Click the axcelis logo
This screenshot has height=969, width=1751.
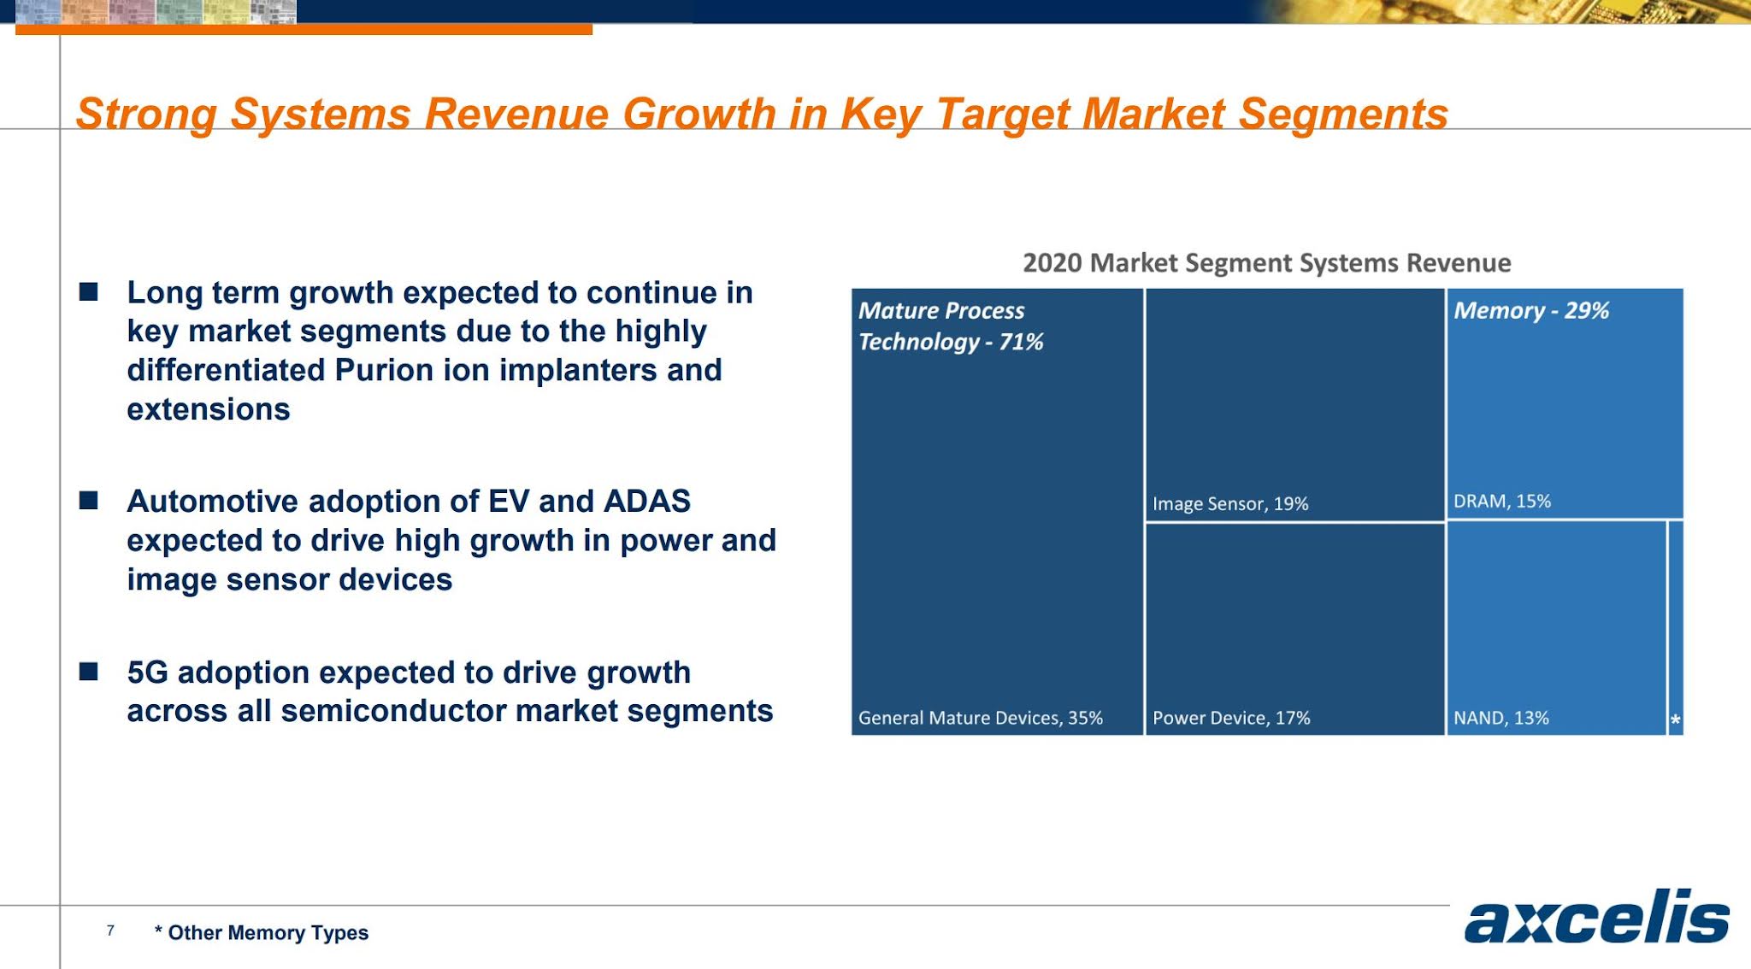pyautogui.click(x=1596, y=918)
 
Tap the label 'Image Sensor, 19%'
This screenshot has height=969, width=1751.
pyautogui.click(x=1229, y=504)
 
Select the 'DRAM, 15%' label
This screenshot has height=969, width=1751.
pyautogui.click(x=1501, y=502)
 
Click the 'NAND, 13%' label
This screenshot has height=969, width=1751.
pyautogui.click(x=1500, y=718)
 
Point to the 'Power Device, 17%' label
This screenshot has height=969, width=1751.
pyautogui.click(x=1230, y=718)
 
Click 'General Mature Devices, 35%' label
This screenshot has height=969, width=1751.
pyautogui.click(x=980, y=718)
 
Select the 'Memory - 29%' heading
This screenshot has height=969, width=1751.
pyautogui.click(x=1530, y=311)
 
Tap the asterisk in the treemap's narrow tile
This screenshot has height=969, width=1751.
pyautogui.click(x=1675, y=720)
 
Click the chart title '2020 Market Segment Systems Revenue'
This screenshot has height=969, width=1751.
pyautogui.click(x=1266, y=263)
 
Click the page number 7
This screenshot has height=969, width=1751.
pyautogui.click(x=110, y=931)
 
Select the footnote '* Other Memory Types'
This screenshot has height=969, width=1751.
pyautogui.click(x=262, y=933)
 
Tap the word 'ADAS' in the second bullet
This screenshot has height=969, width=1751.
pyautogui.click(x=646, y=502)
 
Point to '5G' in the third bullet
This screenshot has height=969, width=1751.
pyautogui.click(x=147, y=672)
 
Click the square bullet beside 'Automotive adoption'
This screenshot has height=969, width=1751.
pyautogui.click(x=89, y=501)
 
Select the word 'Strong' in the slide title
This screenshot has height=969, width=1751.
pyautogui.click(x=145, y=115)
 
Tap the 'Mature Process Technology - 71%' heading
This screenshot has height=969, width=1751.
pyautogui.click(x=950, y=326)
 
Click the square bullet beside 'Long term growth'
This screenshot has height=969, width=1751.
pyautogui.click(x=89, y=293)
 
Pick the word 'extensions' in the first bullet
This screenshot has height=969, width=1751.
pyautogui.click(x=209, y=410)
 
